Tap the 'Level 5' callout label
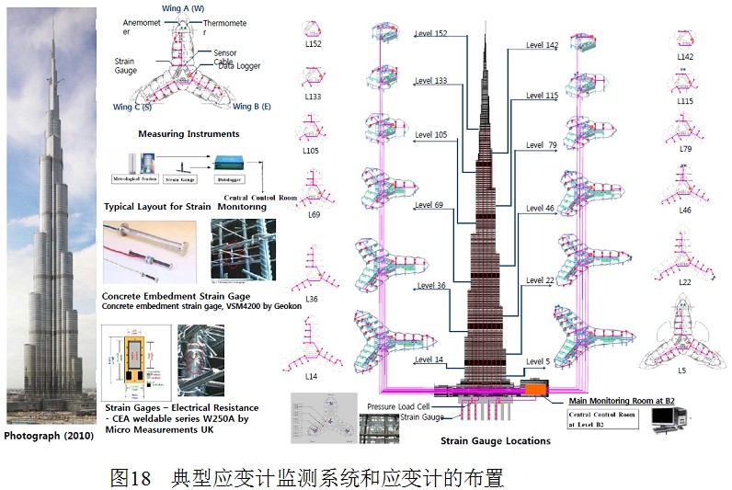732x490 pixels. click(x=537, y=361)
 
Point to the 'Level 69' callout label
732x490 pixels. click(x=429, y=204)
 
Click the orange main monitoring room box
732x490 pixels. click(x=534, y=388)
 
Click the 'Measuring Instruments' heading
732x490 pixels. click(x=189, y=134)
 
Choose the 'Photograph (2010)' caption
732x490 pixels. click(x=49, y=435)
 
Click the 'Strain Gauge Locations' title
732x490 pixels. click(x=495, y=440)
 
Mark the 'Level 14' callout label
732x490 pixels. click(x=429, y=359)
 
